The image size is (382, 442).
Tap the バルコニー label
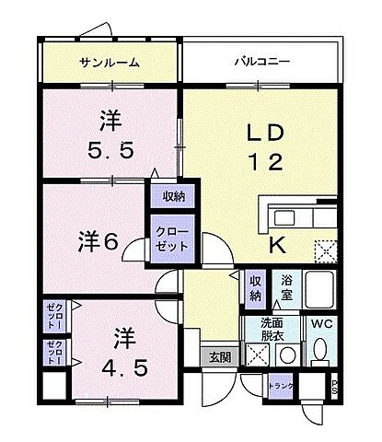[x=261, y=63]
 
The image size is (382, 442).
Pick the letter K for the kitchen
[x=276, y=244]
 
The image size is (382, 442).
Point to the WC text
[x=320, y=325]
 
